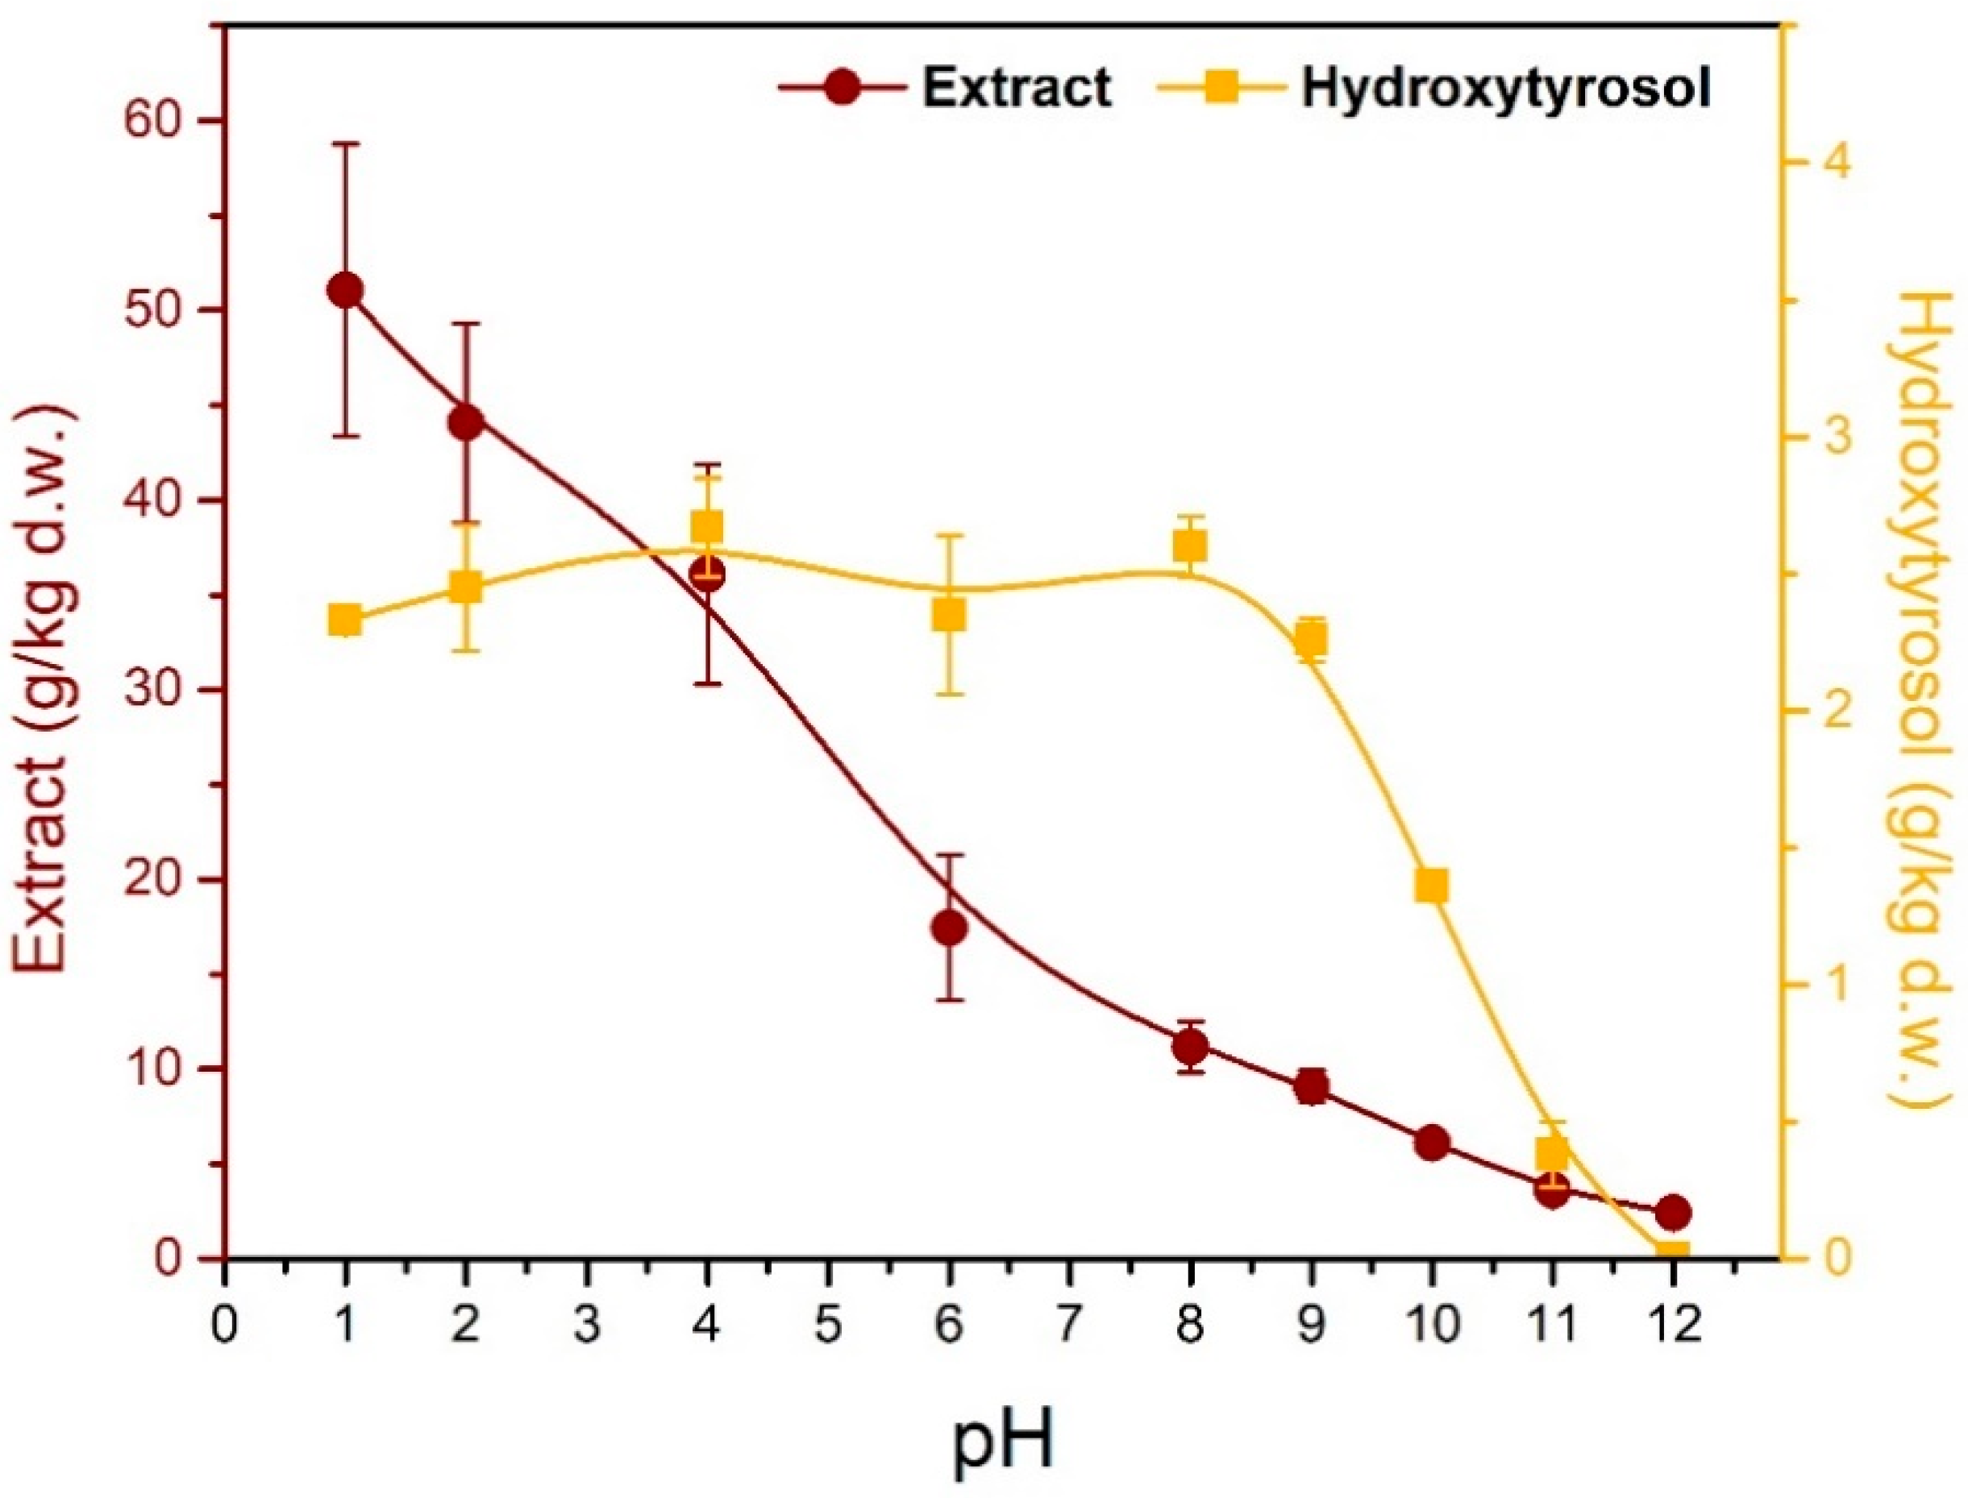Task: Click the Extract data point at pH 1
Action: click(344, 291)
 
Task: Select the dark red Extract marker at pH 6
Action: click(948, 927)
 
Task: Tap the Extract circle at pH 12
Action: click(1672, 1212)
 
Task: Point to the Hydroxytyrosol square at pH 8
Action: click(1190, 545)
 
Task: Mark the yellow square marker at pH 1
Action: click(344, 620)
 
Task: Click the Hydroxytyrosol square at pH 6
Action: click(948, 616)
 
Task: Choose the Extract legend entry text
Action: click(1017, 89)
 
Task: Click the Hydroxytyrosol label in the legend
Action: click(1506, 89)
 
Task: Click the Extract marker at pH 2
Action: click(466, 423)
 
